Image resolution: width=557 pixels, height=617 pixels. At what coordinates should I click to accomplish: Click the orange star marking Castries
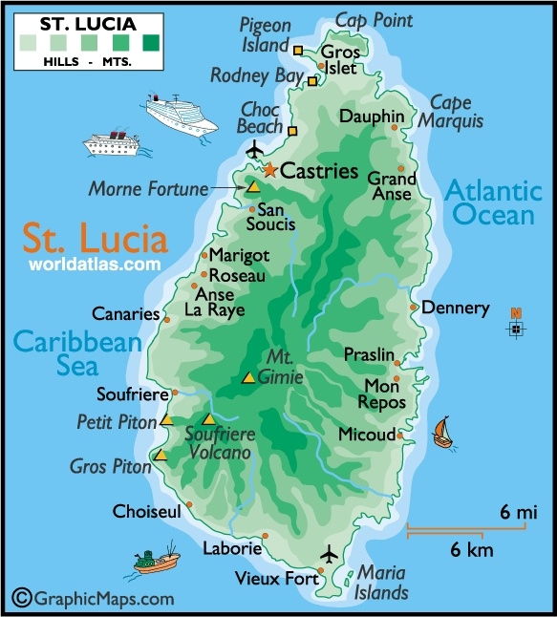click(x=269, y=171)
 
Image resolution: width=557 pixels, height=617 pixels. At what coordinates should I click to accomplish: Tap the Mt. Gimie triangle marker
click(x=248, y=377)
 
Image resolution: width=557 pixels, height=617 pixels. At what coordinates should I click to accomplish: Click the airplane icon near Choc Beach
click(x=254, y=150)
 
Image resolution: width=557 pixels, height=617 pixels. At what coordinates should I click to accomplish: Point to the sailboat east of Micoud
click(x=441, y=432)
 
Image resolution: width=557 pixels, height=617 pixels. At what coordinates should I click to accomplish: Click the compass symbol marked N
click(x=516, y=327)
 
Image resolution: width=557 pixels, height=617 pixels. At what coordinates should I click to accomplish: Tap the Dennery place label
click(x=455, y=308)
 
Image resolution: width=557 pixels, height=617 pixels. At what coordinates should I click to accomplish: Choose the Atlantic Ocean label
click(x=492, y=202)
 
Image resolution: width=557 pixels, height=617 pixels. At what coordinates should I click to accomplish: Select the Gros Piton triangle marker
click(x=161, y=456)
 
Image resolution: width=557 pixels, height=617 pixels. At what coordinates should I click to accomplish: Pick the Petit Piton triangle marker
click(x=166, y=419)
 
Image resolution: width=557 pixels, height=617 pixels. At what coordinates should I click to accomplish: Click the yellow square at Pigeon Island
click(x=298, y=50)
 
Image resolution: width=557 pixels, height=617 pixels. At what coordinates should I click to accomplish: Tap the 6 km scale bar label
click(x=472, y=550)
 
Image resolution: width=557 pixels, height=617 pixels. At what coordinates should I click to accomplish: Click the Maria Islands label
click(x=382, y=582)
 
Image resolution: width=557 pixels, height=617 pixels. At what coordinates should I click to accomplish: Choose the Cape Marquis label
click(x=456, y=112)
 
